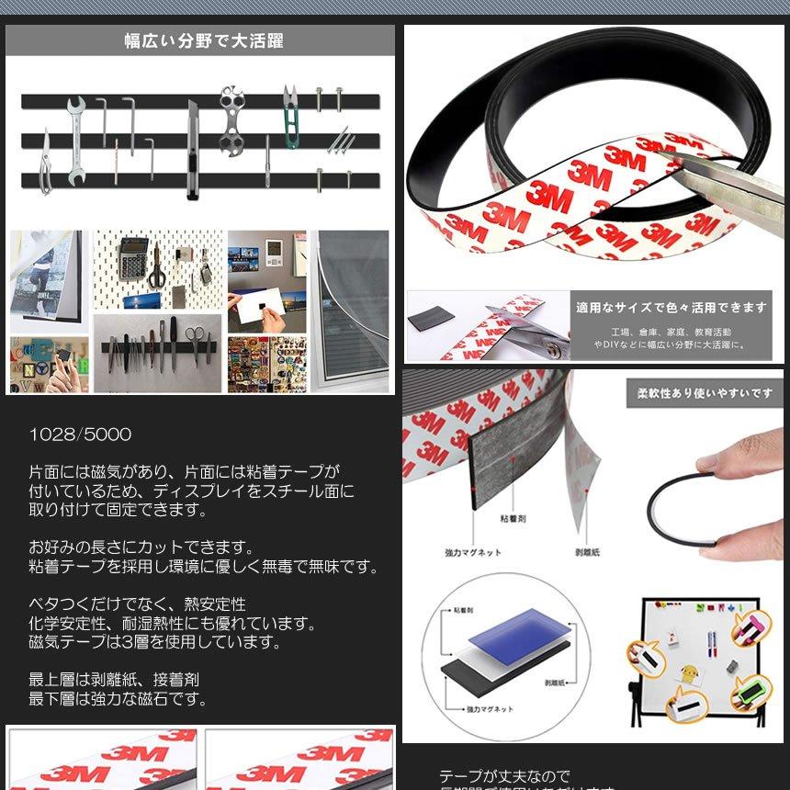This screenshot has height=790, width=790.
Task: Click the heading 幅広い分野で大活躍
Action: click(x=203, y=40)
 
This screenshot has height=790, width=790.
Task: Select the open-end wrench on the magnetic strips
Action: click(x=75, y=140)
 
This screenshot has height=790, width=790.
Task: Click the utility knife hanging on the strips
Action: click(x=192, y=151)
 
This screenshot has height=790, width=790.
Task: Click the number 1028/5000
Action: click(x=80, y=434)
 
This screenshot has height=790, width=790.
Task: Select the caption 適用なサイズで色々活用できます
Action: click(x=671, y=308)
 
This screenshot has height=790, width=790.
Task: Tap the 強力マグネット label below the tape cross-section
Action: click(x=472, y=552)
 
